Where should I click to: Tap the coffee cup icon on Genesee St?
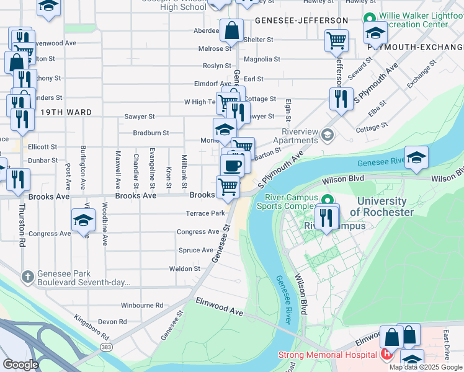(x=232, y=166)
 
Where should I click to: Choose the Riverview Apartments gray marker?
(x=328, y=134)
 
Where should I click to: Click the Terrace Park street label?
(x=205, y=213)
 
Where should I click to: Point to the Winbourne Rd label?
(x=141, y=305)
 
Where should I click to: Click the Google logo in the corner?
(x=20, y=364)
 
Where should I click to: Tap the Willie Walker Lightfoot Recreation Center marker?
(x=369, y=18)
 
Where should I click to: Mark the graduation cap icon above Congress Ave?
(x=83, y=221)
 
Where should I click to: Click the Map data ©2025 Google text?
(x=425, y=367)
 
